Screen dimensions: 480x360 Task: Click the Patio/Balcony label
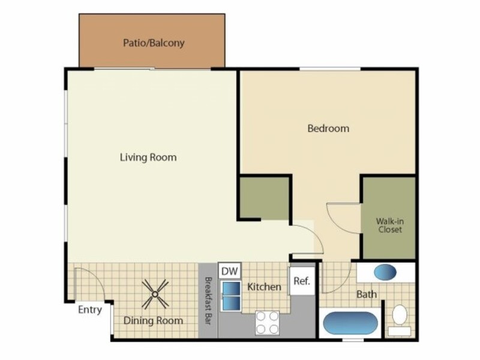click(154, 43)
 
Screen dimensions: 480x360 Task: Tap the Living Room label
click(148, 157)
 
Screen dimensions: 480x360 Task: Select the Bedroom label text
click(328, 128)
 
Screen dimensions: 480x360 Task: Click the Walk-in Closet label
click(389, 226)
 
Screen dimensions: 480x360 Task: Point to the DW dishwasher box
click(230, 271)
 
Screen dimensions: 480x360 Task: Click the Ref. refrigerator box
click(302, 281)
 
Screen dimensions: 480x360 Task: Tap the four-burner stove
click(267, 323)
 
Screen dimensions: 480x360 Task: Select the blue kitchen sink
click(232, 296)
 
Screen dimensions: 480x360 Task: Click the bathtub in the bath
click(350, 323)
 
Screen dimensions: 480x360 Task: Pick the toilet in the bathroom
click(400, 319)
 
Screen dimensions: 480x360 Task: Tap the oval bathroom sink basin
click(385, 272)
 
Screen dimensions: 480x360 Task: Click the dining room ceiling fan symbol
click(155, 294)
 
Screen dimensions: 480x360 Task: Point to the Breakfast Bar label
click(208, 301)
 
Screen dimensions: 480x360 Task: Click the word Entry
click(89, 310)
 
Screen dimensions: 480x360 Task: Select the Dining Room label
click(154, 320)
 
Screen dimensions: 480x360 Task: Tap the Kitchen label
click(264, 287)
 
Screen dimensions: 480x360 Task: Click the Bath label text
click(367, 295)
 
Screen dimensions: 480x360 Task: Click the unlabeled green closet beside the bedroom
click(265, 199)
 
